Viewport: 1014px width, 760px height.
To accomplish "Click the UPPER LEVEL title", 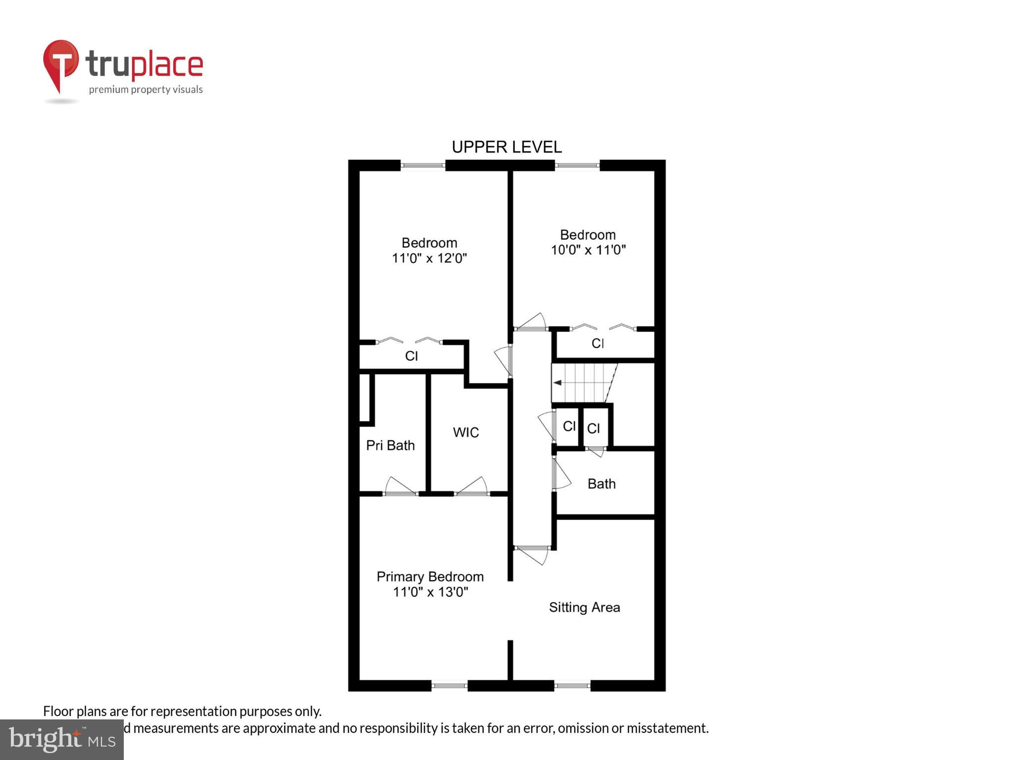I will coord(507,147).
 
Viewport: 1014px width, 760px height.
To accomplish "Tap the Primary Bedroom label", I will coord(430,577).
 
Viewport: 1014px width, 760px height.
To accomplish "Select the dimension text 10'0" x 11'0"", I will coord(588,250).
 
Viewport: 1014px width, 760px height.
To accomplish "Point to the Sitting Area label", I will coord(584,607).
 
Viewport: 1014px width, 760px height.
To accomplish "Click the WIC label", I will coord(466,432).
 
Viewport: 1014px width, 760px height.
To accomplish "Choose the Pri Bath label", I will coord(390,445).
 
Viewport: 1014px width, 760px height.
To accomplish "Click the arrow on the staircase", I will coord(558,382).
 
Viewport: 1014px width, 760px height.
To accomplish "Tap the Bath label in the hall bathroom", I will coord(602,483).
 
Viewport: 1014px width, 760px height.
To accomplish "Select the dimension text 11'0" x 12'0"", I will coord(429,258).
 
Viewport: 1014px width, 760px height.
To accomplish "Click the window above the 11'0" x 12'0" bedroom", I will coord(422,165).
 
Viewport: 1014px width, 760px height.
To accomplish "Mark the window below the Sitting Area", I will coord(572,685).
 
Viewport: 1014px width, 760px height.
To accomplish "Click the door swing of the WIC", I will coord(473,486).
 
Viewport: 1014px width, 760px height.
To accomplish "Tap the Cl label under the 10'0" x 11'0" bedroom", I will coord(598,343).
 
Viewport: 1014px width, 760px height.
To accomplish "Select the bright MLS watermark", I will coord(61,739).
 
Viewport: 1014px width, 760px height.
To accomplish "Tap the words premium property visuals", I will coord(146,90).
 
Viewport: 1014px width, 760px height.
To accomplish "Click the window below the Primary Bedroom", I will coord(449,685).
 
